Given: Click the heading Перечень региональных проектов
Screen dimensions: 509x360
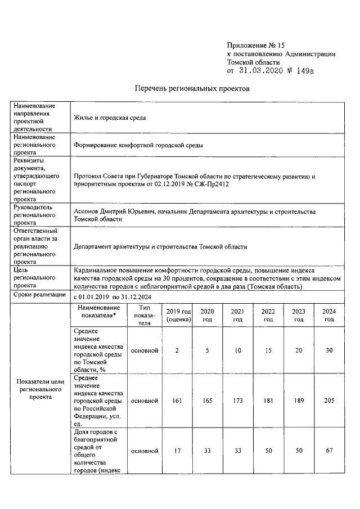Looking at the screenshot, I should [191, 89].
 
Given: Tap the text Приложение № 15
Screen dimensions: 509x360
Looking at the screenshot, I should [249, 44].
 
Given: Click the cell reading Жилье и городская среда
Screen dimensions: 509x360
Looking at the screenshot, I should [110, 118].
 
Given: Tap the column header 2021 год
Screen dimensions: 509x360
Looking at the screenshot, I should [238, 315].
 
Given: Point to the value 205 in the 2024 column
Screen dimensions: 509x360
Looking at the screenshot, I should [329, 400].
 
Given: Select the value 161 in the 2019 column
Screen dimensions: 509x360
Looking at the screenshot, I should [177, 400].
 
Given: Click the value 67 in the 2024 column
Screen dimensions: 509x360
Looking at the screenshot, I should [329, 451].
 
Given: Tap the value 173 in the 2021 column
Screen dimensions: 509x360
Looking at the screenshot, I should [238, 400].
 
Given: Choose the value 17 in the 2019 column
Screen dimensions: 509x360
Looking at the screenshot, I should [177, 451].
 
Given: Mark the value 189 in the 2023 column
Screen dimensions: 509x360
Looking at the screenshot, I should [299, 400].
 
